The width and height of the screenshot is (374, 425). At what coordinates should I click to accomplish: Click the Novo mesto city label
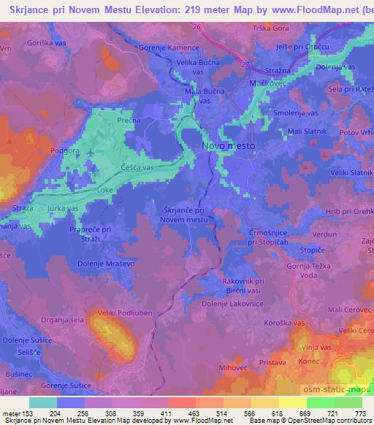[228, 147]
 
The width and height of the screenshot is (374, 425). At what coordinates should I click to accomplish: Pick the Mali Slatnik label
[307, 131]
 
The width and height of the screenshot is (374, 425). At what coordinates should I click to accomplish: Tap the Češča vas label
[137, 167]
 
